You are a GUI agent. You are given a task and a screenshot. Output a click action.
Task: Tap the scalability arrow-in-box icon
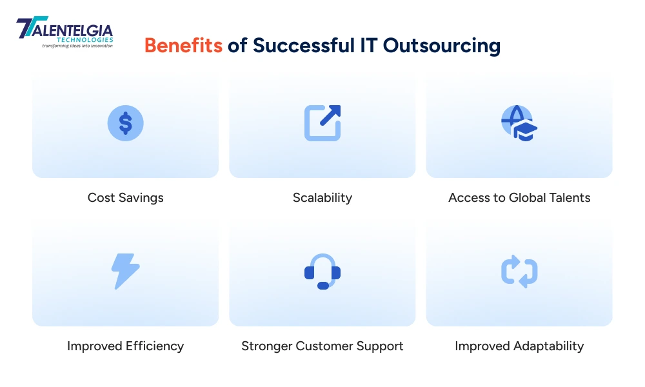[x=322, y=123]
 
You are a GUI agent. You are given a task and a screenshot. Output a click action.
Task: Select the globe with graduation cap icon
[x=519, y=123]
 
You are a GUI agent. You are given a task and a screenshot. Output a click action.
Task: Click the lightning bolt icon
[x=125, y=271]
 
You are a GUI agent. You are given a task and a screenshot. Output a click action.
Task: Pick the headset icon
[x=322, y=271]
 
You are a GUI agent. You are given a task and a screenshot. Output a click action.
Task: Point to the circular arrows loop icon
[x=519, y=271]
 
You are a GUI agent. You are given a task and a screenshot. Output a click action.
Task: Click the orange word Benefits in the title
[x=183, y=46]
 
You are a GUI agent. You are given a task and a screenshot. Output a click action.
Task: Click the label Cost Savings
[x=125, y=198]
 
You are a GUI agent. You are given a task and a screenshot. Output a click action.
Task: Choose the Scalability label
[x=322, y=198]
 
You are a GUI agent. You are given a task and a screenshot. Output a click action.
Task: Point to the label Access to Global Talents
[x=519, y=198]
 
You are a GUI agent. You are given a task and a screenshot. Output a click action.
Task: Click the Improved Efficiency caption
[x=125, y=346]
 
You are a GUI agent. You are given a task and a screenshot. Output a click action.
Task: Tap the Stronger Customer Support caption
[x=322, y=346]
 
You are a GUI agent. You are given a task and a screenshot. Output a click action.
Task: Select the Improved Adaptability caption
[x=519, y=346]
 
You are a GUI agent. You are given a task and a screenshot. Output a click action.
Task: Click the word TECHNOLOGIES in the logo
[x=86, y=40]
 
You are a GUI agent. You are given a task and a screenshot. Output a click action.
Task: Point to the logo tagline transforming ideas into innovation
[x=77, y=46]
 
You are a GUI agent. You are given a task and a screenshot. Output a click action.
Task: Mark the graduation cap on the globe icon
[x=526, y=131]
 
